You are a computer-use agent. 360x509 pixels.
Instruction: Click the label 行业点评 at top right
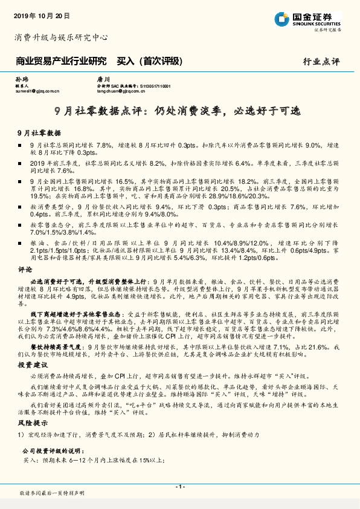click(322, 62)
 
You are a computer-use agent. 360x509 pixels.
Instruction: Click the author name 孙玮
click(21, 79)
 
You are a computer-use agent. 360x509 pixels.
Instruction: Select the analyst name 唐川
click(103, 79)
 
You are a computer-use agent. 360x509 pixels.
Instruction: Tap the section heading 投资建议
click(32, 366)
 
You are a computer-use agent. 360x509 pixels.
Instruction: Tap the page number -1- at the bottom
click(180, 487)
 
